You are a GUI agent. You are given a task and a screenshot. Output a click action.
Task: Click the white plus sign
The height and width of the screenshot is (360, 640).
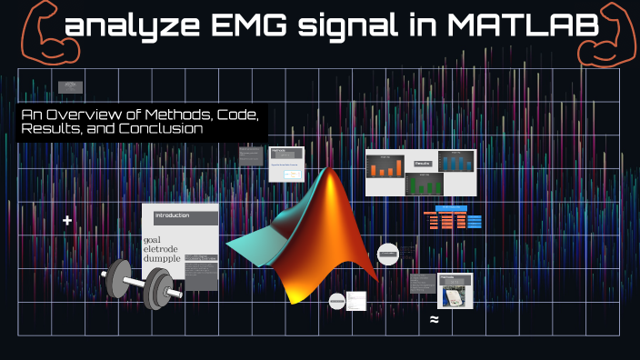66,221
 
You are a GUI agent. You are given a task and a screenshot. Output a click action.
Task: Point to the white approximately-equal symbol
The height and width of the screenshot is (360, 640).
435,319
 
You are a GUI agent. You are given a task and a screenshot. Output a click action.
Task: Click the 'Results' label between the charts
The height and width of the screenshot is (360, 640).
422,164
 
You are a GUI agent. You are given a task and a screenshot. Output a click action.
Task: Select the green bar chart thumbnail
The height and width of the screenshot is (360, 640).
423,182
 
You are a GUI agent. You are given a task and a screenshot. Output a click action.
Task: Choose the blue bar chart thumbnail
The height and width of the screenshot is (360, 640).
456,163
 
